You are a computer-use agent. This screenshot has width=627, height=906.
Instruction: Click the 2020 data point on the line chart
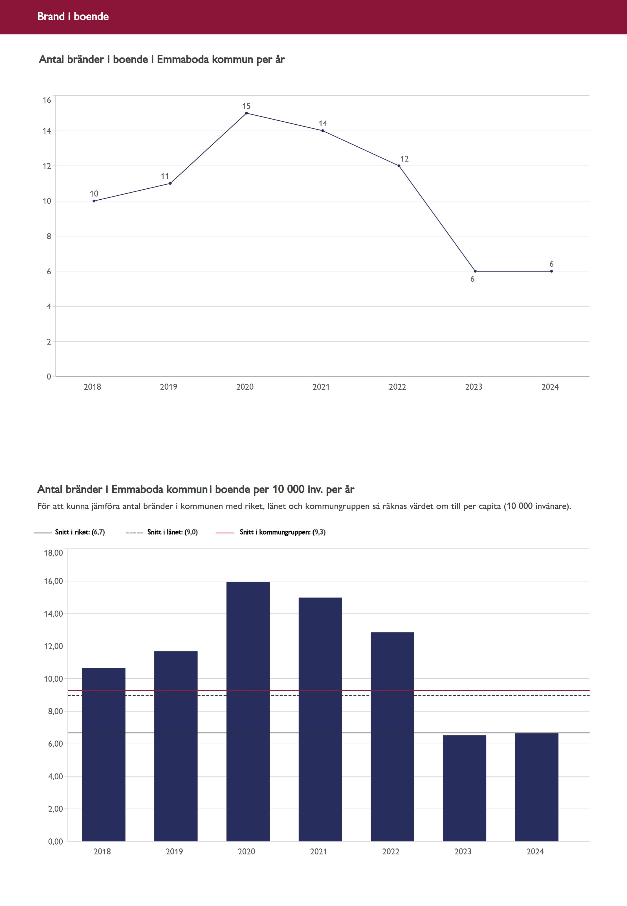tap(246, 113)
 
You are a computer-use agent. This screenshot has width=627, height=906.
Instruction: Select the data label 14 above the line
tap(323, 124)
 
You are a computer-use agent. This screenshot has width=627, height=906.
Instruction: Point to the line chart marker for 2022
tap(399, 166)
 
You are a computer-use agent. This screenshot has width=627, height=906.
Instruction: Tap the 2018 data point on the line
tap(94, 201)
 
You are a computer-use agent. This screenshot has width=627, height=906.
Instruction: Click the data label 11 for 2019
tap(165, 176)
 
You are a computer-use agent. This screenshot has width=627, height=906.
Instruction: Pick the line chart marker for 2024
tap(551, 271)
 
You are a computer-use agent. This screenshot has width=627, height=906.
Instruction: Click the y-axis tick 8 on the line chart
tap(49, 236)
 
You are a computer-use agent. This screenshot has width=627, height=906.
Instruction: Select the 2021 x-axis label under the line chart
tap(321, 387)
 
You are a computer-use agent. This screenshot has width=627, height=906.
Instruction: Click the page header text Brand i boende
tap(73, 16)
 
